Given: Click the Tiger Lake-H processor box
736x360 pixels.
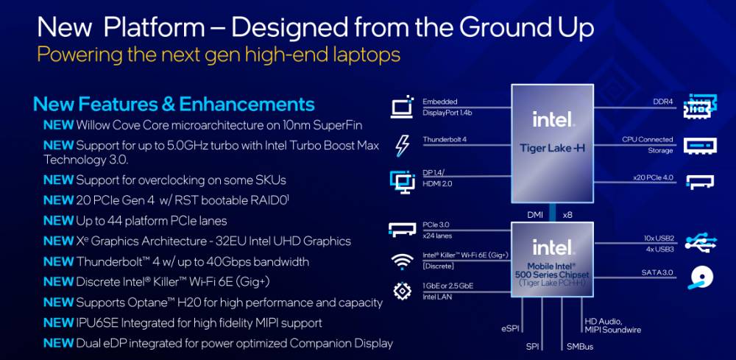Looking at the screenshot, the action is point(553,144).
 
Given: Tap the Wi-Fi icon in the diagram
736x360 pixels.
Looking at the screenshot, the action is point(402,261).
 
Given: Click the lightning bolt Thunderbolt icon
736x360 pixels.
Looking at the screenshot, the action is point(403,145).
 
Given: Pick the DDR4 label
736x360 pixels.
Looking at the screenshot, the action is point(663,102).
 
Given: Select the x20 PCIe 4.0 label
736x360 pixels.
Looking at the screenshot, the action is point(653,178).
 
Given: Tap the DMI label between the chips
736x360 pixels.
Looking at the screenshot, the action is point(534,215).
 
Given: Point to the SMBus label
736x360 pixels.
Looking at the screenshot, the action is point(580,347).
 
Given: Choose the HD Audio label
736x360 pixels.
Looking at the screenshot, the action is point(604,322).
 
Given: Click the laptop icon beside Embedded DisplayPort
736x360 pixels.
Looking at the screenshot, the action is point(403,107).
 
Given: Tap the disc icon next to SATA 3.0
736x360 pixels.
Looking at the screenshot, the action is point(701,278).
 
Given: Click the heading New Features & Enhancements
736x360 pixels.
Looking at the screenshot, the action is point(174,105).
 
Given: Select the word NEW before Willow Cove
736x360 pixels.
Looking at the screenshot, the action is point(58,125).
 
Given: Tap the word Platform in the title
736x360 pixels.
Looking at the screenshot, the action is point(154,28).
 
